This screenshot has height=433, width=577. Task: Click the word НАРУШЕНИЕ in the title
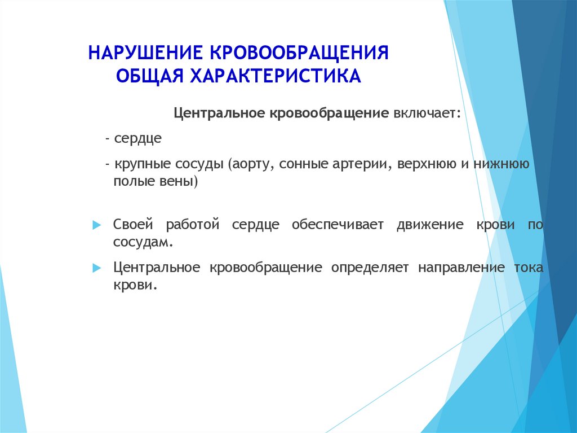[145, 53]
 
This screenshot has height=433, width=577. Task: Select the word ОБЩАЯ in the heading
[150, 76]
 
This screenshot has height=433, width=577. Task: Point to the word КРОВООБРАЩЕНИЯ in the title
[299, 53]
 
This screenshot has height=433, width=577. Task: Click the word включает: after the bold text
[427, 113]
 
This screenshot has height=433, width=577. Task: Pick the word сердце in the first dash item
[138, 139]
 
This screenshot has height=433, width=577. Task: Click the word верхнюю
[427, 163]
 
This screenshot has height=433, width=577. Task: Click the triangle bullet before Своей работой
[97, 225]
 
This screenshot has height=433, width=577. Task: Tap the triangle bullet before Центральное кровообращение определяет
[97, 268]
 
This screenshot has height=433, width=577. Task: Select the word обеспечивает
[338, 225]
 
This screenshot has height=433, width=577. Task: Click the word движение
[430, 224]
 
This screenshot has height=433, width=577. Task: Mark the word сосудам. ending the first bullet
[143, 242]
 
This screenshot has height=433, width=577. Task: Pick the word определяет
[370, 268]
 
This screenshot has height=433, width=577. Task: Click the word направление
[461, 268]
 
